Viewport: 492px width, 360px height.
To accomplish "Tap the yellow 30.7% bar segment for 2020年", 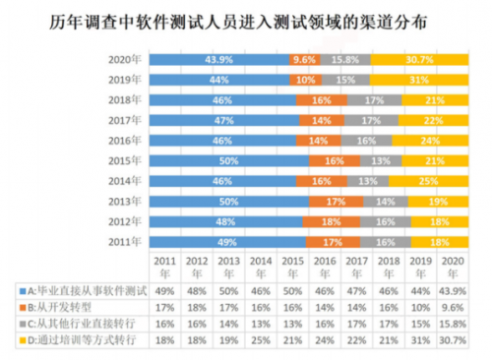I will [418, 59].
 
